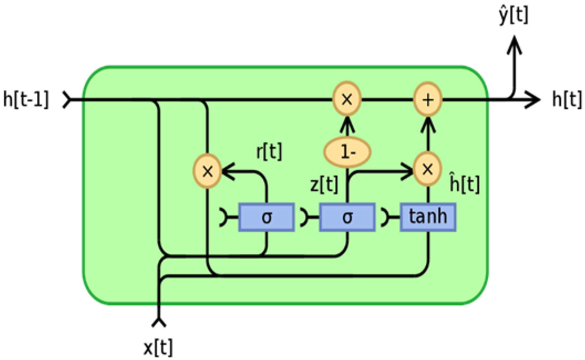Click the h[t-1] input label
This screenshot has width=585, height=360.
26,99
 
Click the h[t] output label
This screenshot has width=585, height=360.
567,99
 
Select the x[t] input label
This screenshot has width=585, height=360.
158,347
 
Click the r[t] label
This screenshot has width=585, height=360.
269,151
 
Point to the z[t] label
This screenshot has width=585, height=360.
324,185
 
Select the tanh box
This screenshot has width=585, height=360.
428,217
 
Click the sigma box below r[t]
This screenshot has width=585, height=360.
266,217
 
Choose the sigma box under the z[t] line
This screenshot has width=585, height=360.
347,217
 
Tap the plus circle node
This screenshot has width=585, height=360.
427,99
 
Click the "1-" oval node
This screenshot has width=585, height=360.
347,152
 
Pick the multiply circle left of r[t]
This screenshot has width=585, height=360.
207,171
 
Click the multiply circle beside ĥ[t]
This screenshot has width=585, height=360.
427,169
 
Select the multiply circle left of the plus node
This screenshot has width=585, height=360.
347,99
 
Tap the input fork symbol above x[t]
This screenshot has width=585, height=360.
159,322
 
